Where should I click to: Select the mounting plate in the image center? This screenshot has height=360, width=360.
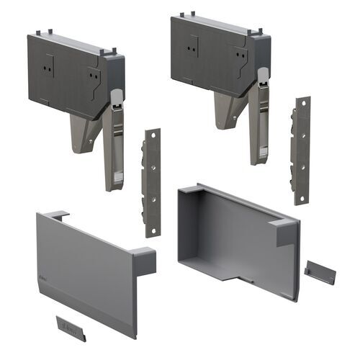(x=153, y=184)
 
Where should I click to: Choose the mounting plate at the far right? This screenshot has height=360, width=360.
(x=301, y=151)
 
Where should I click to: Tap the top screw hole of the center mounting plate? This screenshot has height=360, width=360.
(x=153, y=137)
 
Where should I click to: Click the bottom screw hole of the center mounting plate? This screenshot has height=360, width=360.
(x=152, y=229)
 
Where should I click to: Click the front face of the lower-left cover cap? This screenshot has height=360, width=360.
(x=83, y=274)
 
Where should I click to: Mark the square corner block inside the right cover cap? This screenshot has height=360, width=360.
(x=285, y=231)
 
